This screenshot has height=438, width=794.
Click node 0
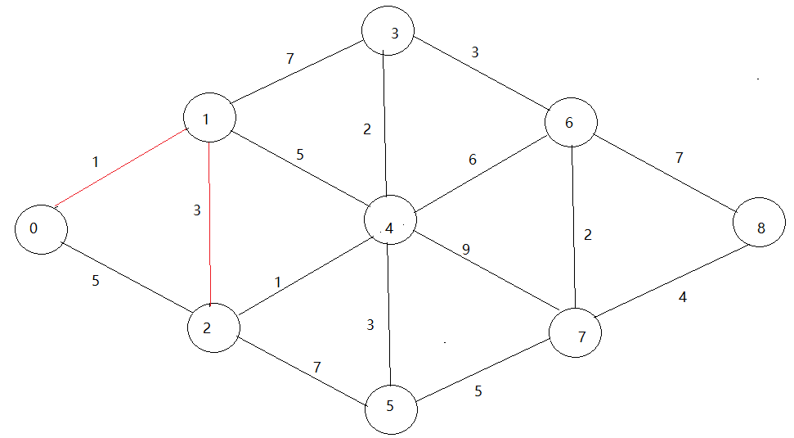tap(40, 229)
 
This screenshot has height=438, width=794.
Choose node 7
tap(576, 334)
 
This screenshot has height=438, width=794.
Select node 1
tap(209, 120)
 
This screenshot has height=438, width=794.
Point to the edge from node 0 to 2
tap(127, 278)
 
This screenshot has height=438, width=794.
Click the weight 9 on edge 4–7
tap(466, 249)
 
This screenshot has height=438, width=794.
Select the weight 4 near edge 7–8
tap(682, 298)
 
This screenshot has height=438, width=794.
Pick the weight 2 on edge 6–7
tap(587, 235)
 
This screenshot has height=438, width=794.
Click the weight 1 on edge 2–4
tap(278, 282)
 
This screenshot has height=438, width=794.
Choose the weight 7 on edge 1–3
tap(290, 59)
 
